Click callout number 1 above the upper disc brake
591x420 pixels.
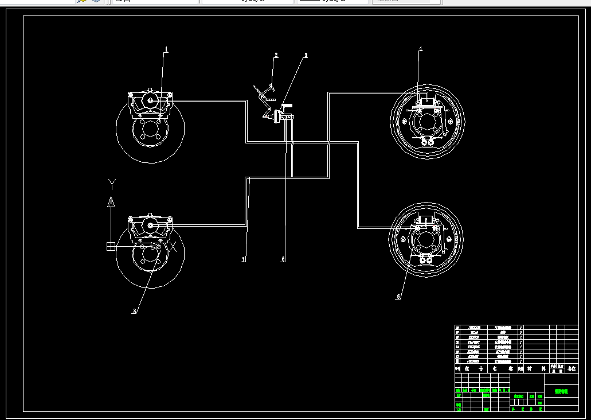point(166,49)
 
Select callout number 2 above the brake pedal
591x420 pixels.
point(276,56)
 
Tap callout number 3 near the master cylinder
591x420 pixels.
point(306,56)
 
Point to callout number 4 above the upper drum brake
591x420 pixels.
point(420,49)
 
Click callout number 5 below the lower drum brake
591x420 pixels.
point(398,297)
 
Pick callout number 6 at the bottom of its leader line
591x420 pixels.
point(283,259)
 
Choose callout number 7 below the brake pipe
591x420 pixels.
point(243,260)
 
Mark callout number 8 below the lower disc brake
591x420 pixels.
point(135,311)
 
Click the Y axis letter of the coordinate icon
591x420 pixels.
point(112,184)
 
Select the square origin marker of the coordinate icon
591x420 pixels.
point(111,246)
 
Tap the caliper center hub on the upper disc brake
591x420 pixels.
point(151,101)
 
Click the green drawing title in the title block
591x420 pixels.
point(561,392)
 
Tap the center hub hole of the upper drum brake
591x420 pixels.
point(426,122)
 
